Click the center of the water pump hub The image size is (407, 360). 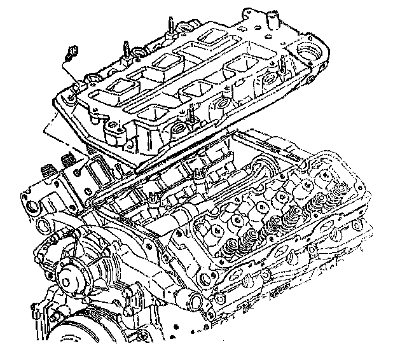pos(66,279)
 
